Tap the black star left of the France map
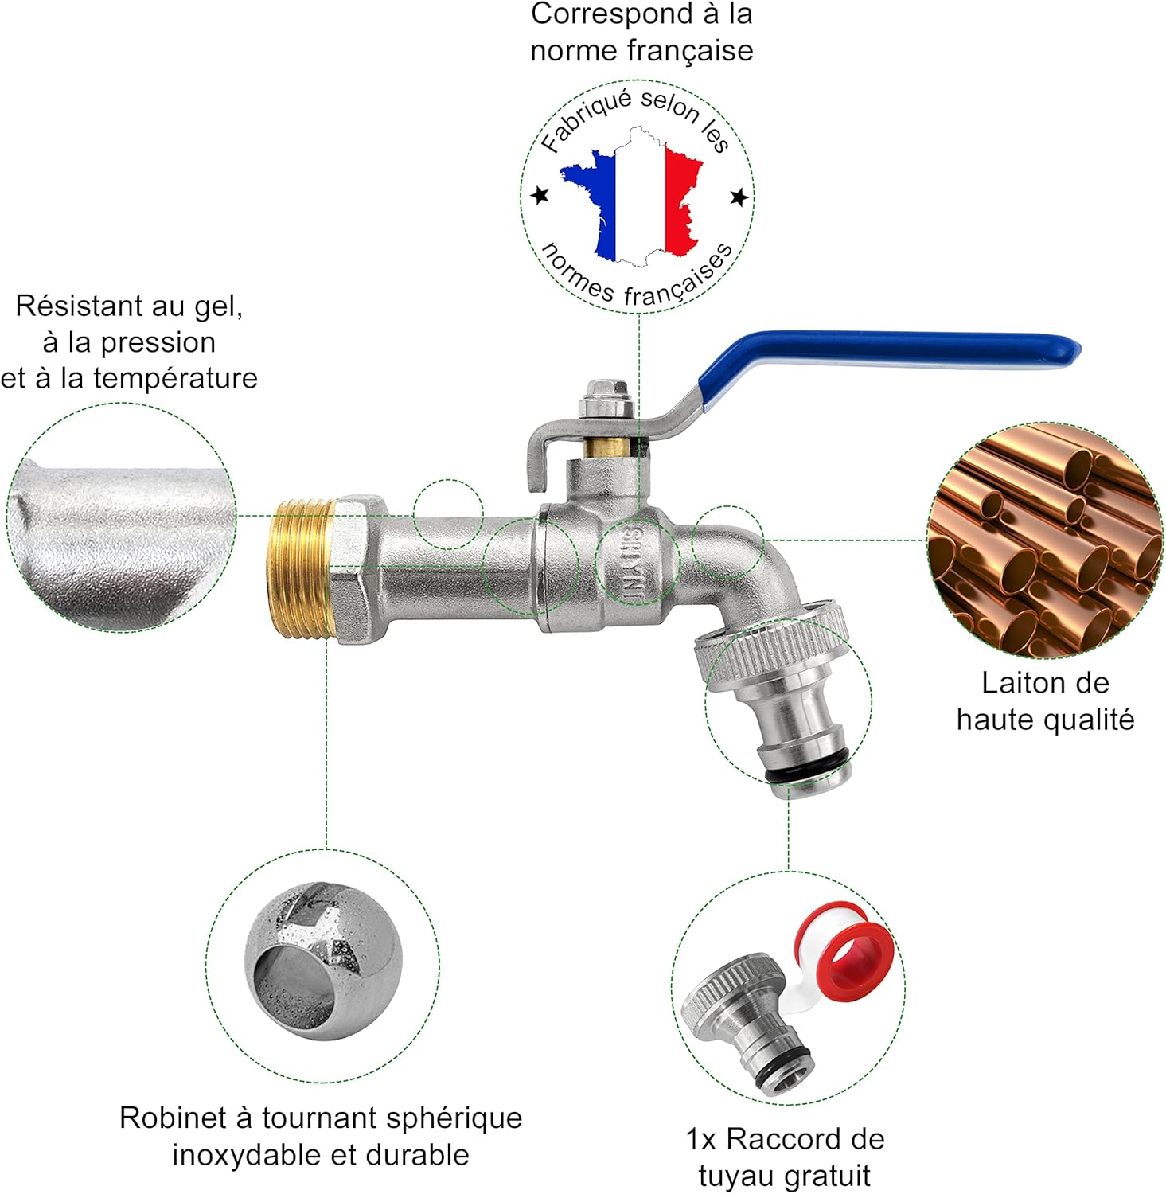click(x=540, y=195)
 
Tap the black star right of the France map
click(x=739, y=196)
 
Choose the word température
click(x=175, y=377)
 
